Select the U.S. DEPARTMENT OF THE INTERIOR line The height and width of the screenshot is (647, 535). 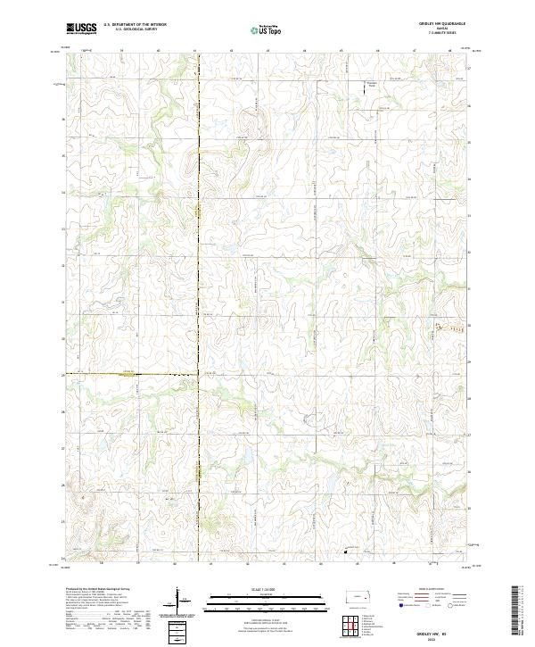135,25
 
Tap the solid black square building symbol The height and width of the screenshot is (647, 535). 347,552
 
